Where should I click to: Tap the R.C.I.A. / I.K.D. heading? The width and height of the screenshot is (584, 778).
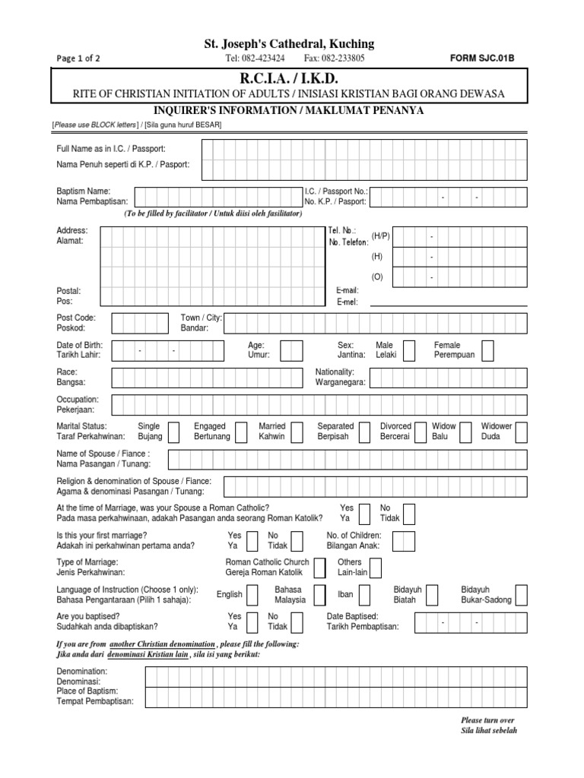291,78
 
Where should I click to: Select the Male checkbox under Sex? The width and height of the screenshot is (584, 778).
409,350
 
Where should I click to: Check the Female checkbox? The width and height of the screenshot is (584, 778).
487,350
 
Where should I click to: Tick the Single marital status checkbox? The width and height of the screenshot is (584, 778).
173,432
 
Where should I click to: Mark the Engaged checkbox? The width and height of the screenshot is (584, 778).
242,432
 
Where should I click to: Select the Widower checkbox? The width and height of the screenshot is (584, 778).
524,432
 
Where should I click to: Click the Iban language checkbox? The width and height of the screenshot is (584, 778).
365,595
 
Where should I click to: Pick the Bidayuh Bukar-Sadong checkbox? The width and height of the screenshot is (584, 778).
521,595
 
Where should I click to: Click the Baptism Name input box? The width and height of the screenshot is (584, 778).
216,197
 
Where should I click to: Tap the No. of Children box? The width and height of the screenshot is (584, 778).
404,541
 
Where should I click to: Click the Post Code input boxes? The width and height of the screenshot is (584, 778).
140,324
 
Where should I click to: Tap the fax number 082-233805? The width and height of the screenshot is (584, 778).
334,58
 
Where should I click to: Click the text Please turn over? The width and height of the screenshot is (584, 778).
487,719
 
